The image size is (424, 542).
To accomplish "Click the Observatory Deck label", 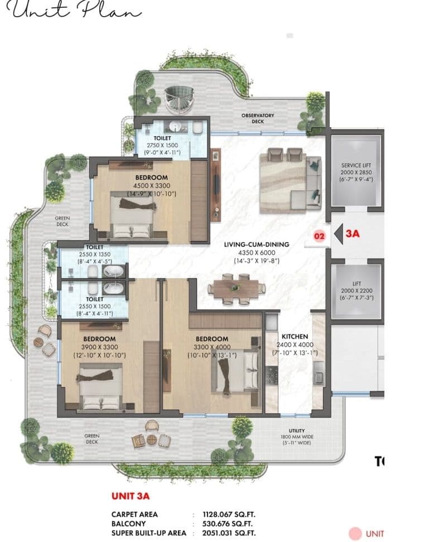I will (x=257, y=118).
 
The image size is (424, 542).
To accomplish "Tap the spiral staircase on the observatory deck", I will (x=179, y=99).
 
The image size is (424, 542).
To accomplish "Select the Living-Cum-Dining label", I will (x=256, y=244).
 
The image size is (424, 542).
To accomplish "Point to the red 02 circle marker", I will (x=319, y=236).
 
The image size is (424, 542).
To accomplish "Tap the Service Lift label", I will (x=356, y=166).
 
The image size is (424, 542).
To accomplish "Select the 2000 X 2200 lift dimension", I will (x=356, y=291).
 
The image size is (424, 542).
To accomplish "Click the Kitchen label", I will (x=295, y=337).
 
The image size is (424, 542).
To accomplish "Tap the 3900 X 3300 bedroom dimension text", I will (x=99, y=347).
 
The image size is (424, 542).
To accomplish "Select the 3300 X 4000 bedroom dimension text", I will (x=212, y=347).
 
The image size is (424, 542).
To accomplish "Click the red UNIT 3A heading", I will (x=132, y=495).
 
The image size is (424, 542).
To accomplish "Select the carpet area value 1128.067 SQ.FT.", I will (x=231, y=514).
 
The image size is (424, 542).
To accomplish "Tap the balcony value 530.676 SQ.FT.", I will (x=229, y=524).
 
